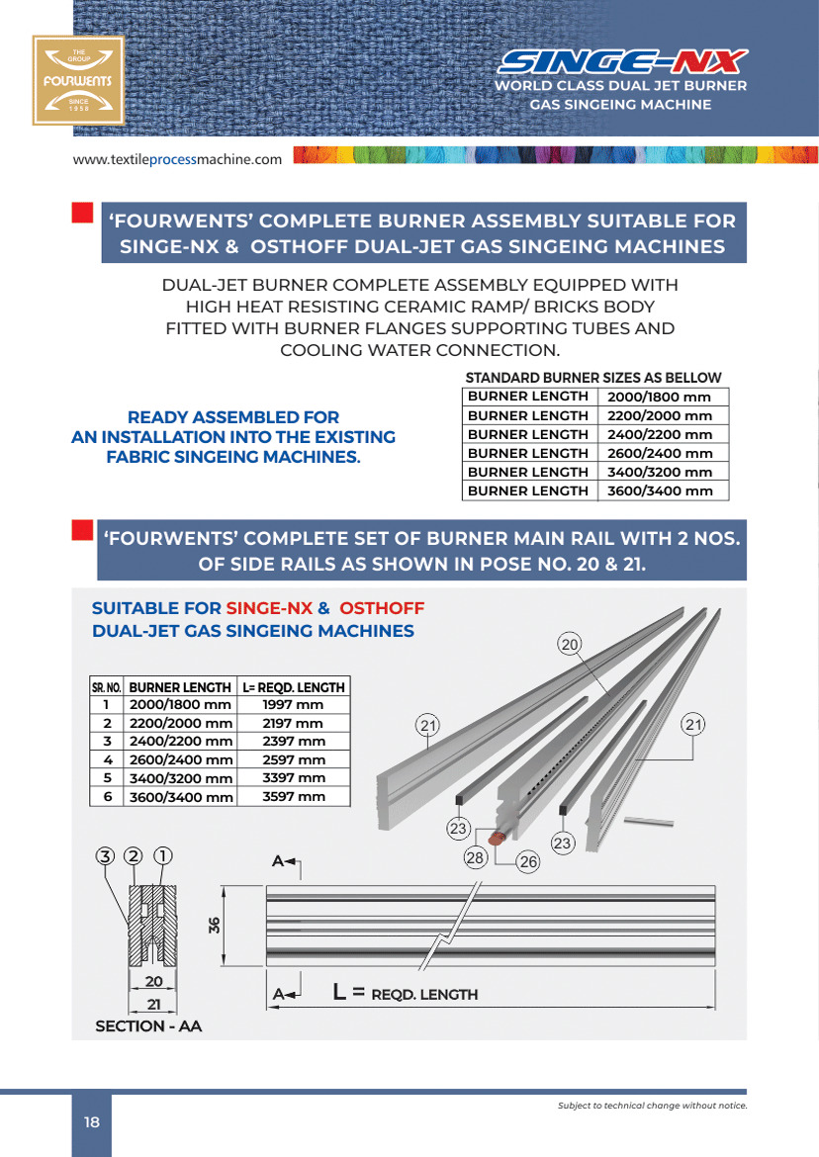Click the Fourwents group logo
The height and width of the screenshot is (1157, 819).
click(x=79, y=80)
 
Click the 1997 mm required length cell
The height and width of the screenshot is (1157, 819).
click(x=293, y=705)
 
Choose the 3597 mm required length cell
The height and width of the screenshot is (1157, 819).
click(x=293, y=796)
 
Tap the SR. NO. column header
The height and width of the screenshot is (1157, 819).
click(x=106, y=687)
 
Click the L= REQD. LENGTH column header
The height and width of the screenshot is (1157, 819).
click(x=293, y=687)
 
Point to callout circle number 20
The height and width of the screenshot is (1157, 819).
click(x=570, y=645)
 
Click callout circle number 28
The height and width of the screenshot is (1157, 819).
click(x=476, y=857)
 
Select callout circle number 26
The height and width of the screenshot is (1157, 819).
click(x=528, y=862)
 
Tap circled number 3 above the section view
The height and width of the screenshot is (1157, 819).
click(x=106, y=855)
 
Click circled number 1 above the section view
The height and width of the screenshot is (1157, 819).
click(x=164, y=855)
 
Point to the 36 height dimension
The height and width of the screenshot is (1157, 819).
click(x=214, y=926)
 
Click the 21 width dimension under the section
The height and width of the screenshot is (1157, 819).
click(x=153, y=1005)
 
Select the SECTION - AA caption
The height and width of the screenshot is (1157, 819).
click(x=147, y=1026)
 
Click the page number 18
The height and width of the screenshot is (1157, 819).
click(x=92, y=1122)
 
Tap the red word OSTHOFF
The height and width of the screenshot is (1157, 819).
click(x=382, y=608)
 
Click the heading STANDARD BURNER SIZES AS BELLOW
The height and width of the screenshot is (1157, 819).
click(x=593, y=378)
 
